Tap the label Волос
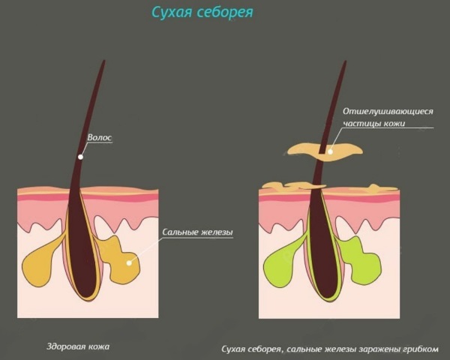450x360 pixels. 101,137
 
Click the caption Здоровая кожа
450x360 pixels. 77,346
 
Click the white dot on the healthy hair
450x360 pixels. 82,156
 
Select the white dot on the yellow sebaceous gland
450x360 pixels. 130,262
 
